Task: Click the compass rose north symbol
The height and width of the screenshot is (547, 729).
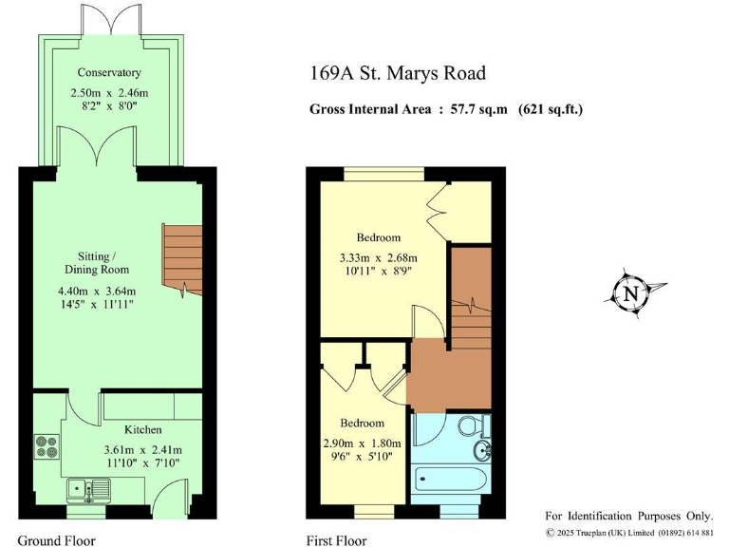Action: (x=630, y=294)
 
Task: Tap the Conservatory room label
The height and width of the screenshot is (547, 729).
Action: (x=109, y=72)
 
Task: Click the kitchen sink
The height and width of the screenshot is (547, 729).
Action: (x=86, y=490)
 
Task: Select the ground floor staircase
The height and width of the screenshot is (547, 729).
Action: (x=182, y=258)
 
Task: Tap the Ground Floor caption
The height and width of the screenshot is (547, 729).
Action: (x=56, y=540)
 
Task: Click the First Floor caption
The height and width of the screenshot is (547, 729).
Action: (x=336, y=540)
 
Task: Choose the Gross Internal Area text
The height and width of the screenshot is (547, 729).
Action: (x=446, y=109)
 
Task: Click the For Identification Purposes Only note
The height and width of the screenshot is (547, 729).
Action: (x=630, y=514)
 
